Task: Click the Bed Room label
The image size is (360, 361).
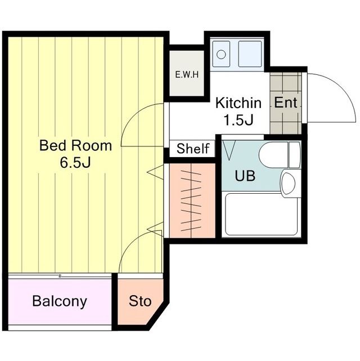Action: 75,145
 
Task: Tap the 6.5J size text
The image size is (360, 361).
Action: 75,162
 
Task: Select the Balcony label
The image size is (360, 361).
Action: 60,301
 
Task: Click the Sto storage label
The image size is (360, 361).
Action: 140,301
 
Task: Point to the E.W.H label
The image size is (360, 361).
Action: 187,74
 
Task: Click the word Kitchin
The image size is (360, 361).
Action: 238,103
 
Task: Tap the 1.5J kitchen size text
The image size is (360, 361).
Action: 238,120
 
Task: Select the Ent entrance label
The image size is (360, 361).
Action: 286,102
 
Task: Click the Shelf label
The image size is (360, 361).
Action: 193,149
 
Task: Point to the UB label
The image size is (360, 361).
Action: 245,176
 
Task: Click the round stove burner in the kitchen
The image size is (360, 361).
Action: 221,54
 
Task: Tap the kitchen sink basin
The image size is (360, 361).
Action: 250,54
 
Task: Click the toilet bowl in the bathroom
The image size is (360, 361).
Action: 273,155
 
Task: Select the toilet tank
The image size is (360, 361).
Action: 295,155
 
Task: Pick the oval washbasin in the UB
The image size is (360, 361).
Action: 288,184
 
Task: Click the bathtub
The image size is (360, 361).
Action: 261,215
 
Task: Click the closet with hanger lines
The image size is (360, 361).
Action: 192,200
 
